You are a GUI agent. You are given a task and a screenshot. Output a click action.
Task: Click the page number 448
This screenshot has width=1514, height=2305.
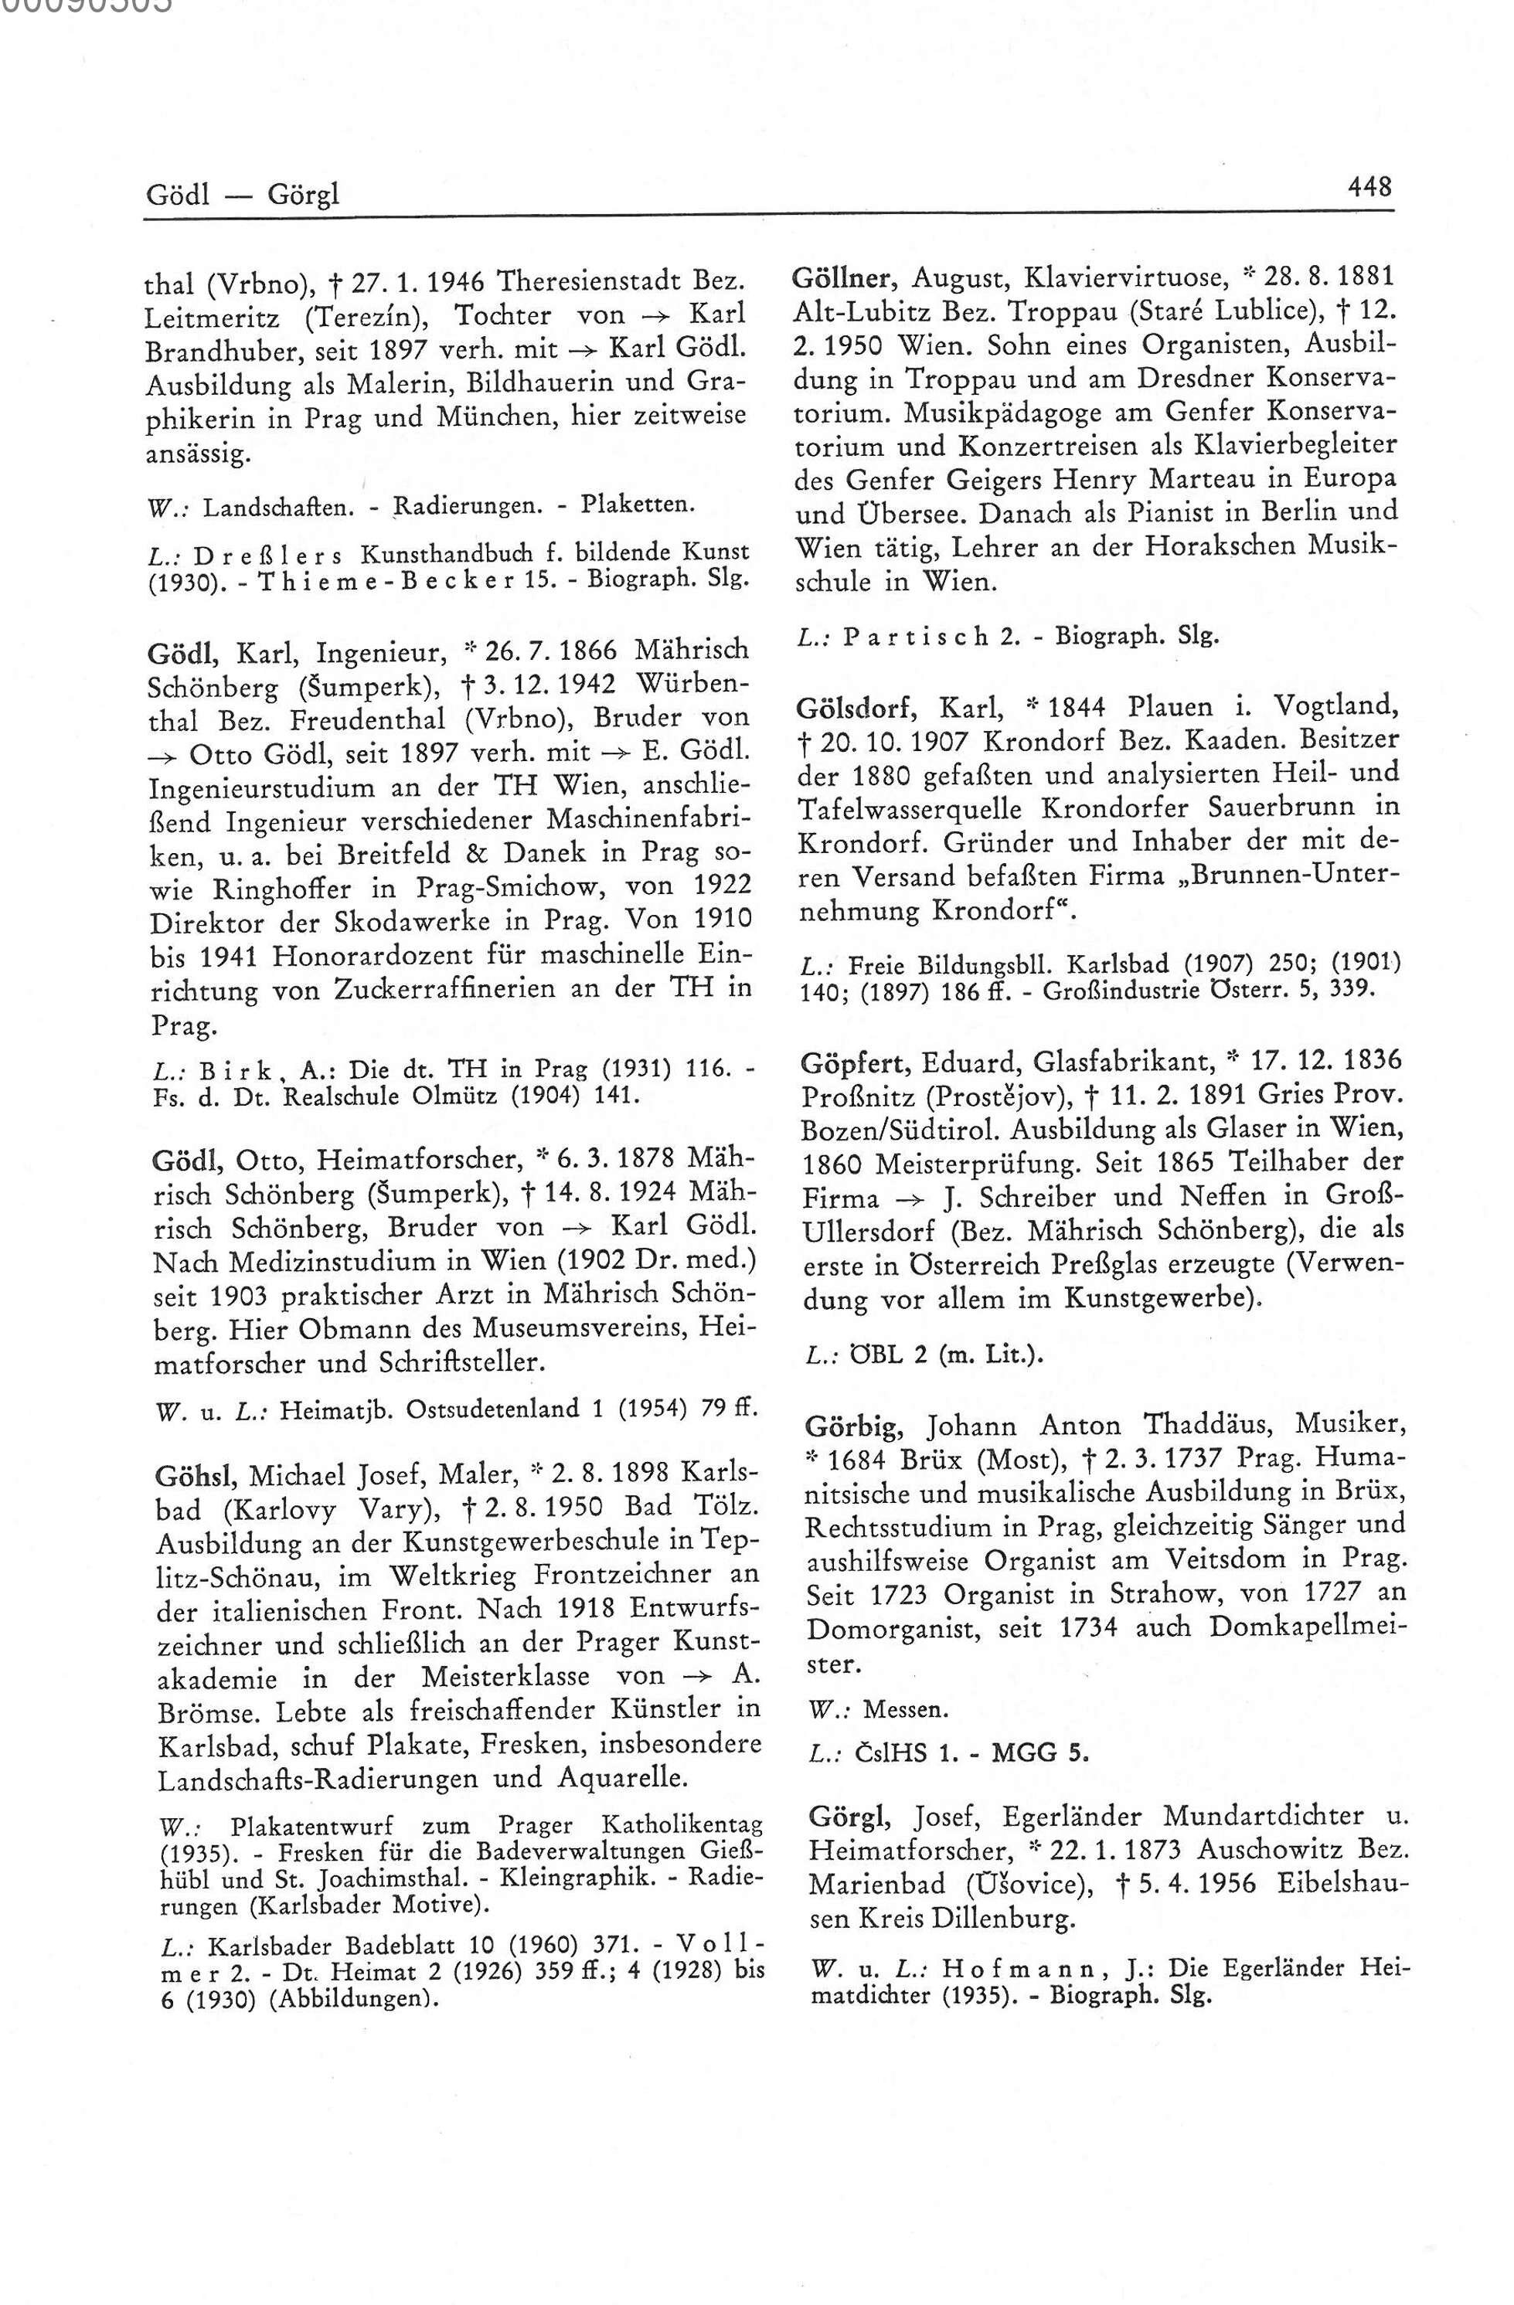point(1369,185)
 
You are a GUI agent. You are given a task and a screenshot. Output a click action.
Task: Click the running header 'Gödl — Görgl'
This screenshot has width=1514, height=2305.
point(243,196)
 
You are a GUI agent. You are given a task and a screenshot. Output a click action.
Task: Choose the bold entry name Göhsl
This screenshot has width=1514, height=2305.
point(195,1475)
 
